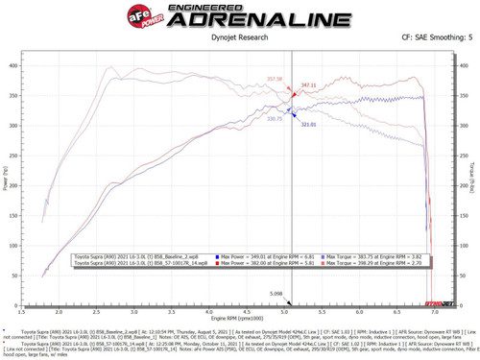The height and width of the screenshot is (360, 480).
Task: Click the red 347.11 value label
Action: point(308,85)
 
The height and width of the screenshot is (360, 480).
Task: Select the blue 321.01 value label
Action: point(308,124)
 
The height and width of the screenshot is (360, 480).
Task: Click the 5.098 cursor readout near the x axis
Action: point(276,293)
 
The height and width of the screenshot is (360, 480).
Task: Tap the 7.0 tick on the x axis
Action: point(435,310)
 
